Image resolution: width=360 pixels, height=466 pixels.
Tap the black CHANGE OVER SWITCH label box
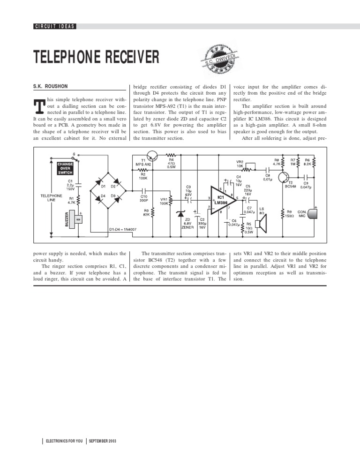65,168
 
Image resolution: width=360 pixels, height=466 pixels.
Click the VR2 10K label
240,163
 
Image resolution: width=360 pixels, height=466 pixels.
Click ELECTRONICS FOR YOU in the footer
64,442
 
